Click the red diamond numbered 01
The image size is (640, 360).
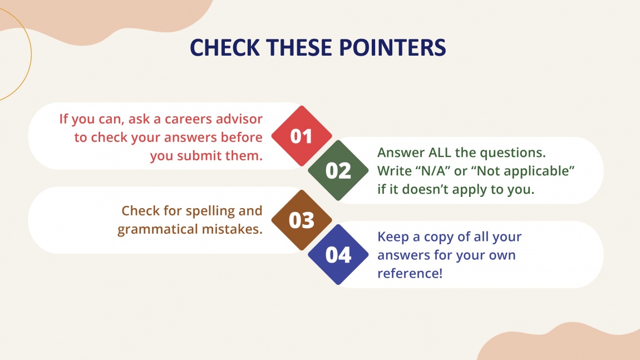301,136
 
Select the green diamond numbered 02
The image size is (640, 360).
338,171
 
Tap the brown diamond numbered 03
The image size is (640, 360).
301,220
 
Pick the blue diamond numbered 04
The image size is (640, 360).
338,255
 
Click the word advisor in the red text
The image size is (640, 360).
241,119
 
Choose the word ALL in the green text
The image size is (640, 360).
441,152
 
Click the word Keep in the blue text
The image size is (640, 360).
393,236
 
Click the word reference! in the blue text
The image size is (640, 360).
410,274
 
